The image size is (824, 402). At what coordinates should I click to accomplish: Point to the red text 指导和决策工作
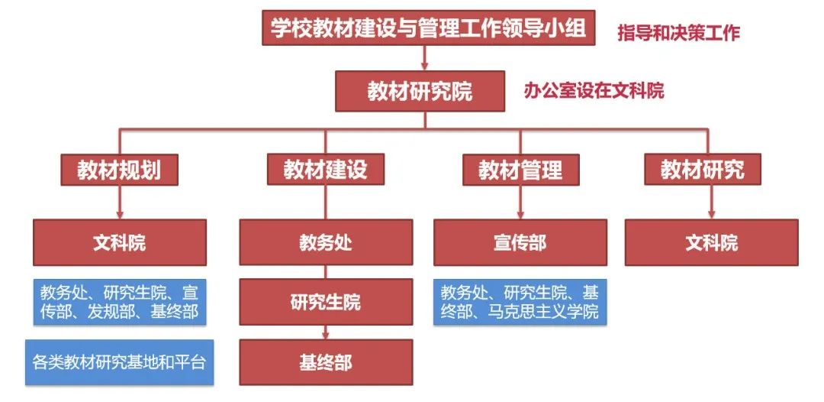pos(678,33)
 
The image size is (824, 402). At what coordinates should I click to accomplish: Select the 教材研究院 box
pos(420,91)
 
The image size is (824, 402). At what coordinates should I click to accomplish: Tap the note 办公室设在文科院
pos(594,91)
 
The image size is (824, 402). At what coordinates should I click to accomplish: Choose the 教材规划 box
pos(119,170)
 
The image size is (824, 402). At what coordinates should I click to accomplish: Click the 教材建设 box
pos(325,170)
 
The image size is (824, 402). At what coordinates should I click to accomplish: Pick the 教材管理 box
pos(520,170)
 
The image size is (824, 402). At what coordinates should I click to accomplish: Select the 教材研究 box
pos(702,170)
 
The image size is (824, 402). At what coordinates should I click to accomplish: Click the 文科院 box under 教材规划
pos(119,243)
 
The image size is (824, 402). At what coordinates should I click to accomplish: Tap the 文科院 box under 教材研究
pos(711,243)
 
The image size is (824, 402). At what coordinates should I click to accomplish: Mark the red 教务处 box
pos(326,243)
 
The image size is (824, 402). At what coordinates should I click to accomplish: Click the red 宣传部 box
pos(520,243)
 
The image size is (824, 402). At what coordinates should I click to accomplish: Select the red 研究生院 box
pos(326,302)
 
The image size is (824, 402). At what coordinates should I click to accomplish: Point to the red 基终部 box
pos(326,361)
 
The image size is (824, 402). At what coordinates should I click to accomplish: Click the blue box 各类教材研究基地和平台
pos(119,361)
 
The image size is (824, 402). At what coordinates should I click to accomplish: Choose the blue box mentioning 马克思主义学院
pos(520,302)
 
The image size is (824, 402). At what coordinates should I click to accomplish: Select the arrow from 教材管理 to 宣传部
pos(520,203)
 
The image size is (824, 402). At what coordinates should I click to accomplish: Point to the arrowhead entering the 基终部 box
pos(326,335)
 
